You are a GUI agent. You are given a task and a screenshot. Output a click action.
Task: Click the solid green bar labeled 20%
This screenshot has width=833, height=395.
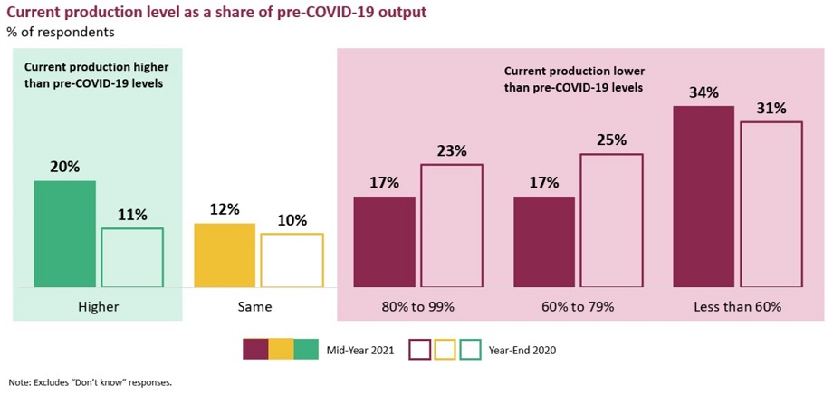click(x=64, y=234)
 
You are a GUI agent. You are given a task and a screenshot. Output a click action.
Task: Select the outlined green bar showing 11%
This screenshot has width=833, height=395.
click(x=132, y=257)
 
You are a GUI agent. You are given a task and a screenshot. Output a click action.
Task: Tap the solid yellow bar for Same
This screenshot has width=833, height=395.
click(x=225, y=255)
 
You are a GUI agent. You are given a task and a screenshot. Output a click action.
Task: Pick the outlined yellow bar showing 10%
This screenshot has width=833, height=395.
click(x=292, y=260)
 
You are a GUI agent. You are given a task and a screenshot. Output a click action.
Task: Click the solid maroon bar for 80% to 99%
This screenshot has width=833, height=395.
click(x=384, y=242)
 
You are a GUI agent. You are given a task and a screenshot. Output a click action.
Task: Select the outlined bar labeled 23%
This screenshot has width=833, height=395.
click(x=452, y=226)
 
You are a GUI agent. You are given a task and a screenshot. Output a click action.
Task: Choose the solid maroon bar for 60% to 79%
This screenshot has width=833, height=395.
click(x=544, y=242)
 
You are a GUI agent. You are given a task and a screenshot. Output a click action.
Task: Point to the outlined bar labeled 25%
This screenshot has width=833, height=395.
click(x=611, y=220)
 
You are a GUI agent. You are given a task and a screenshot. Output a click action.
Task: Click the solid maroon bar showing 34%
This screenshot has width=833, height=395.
click(x=704, y=197)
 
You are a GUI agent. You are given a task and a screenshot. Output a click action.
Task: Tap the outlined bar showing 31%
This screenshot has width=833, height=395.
click(x=771, y=204)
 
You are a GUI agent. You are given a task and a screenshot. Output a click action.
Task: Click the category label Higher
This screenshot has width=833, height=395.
click(x=98, y=306)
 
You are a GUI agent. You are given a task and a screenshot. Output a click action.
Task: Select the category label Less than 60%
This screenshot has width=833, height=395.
click(x=737, y=306)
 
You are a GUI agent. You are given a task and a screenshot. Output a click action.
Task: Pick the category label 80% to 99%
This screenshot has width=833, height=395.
click(x=417, y=306)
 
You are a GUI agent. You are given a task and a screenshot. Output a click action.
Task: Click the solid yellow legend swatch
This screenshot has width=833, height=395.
click(x=281, y=349)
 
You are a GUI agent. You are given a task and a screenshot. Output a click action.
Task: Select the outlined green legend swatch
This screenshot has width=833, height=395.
click(x=472, y=349)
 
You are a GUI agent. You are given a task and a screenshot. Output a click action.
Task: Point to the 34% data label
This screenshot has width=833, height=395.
click(x=704, y=92)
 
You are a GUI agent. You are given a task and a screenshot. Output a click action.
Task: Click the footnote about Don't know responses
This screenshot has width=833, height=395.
click(x=90, y=381)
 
